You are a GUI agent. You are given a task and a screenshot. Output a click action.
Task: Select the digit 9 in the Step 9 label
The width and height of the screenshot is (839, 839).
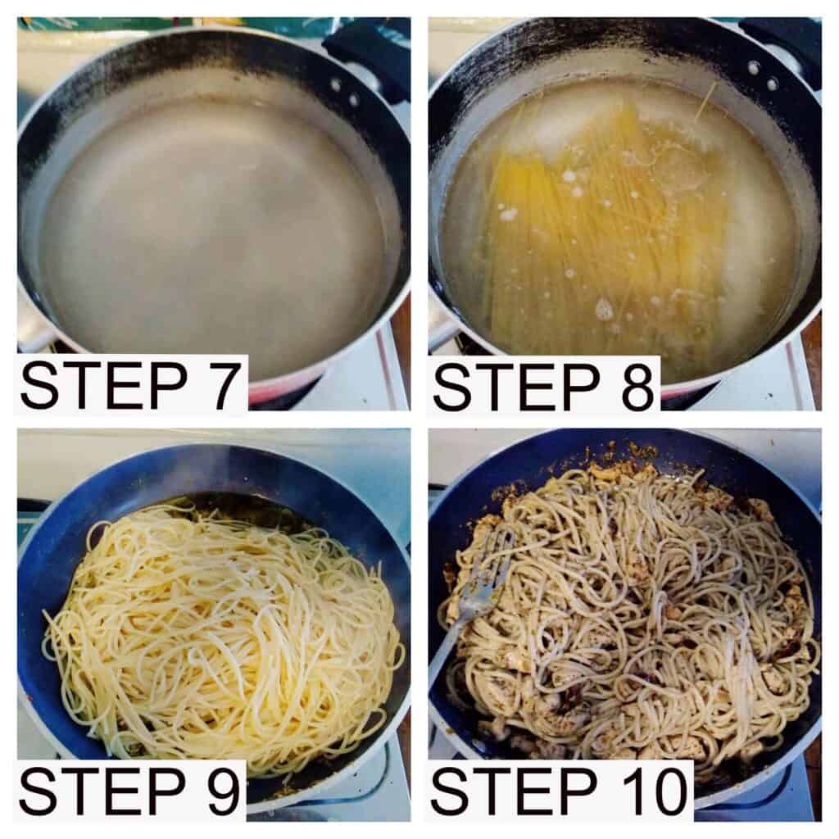click(220, 791)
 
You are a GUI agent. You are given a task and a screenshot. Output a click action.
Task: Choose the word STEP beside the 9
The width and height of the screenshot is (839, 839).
click(102, 791)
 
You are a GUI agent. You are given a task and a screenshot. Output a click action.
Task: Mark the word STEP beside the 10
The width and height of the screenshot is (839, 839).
click(515, 791)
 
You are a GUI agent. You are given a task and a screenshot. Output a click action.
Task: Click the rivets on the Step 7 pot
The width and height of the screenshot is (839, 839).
click(344, 92)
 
